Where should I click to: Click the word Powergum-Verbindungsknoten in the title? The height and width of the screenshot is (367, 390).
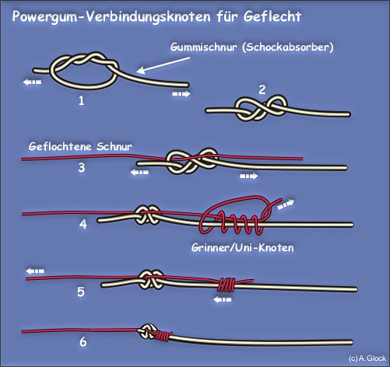click(x=111, y=17)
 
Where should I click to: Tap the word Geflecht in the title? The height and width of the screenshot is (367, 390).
click(x=272, y=16)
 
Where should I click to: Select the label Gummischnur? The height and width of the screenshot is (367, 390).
click(x=203, y=47)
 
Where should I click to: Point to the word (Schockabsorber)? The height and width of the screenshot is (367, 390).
click(x=288, y=47)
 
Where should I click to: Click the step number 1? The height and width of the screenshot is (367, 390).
click(x=82, y=100)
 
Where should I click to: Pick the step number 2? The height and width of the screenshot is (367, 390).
click(x=262, y=89)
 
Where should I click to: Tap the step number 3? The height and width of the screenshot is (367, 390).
click(x=82, y=167)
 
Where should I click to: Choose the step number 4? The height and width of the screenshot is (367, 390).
click(x=83, y=224)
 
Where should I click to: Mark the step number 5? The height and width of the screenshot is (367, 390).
click(x=81, y=292)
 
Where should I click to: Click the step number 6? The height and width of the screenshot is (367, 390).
click(x=83, y=342)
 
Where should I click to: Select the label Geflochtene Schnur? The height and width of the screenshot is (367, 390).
click(x=80, y=147)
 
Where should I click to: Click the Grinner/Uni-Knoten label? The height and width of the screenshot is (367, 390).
click(x=243, y=248)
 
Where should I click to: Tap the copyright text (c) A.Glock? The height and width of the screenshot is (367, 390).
click(x=367, y=358)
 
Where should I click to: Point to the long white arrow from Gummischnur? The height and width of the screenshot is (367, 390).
click(x=163, y=65)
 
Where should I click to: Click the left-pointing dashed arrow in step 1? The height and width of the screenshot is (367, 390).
click(x=32, y=82)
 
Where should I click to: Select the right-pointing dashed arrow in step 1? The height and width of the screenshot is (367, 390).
click(x=181, y=93)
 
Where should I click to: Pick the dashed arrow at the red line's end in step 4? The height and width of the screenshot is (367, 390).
click(x=286, y=204)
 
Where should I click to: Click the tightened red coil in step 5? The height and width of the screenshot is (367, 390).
click(x=226, y=285)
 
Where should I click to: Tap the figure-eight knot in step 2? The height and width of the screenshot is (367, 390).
click(x=261, y=109)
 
